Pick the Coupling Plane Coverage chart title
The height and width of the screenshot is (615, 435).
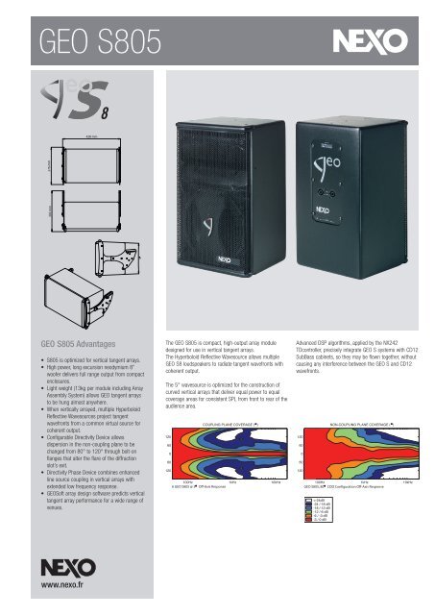tap(225, 422)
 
